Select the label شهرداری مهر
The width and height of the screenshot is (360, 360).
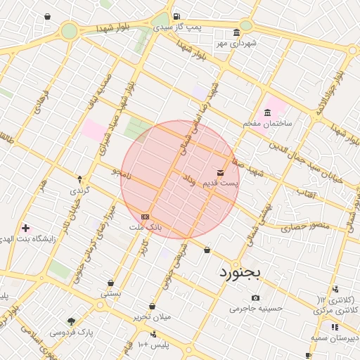(237, 44)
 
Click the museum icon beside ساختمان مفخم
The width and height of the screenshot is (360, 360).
(268, 112)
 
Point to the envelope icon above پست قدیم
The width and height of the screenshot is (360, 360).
(221, 172)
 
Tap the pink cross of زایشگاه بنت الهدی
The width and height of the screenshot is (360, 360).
(26, 229)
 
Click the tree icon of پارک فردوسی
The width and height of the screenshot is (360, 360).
(71, 321)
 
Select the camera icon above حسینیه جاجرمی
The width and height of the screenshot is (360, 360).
(255, 297)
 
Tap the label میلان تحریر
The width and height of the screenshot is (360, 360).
(153, 316)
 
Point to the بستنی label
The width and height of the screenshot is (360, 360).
(110, 294)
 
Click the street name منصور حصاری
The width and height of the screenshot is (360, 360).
(304, 227)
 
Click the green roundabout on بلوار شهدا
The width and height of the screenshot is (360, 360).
(69, 31)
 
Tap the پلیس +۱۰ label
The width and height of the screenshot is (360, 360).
(153, 345)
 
